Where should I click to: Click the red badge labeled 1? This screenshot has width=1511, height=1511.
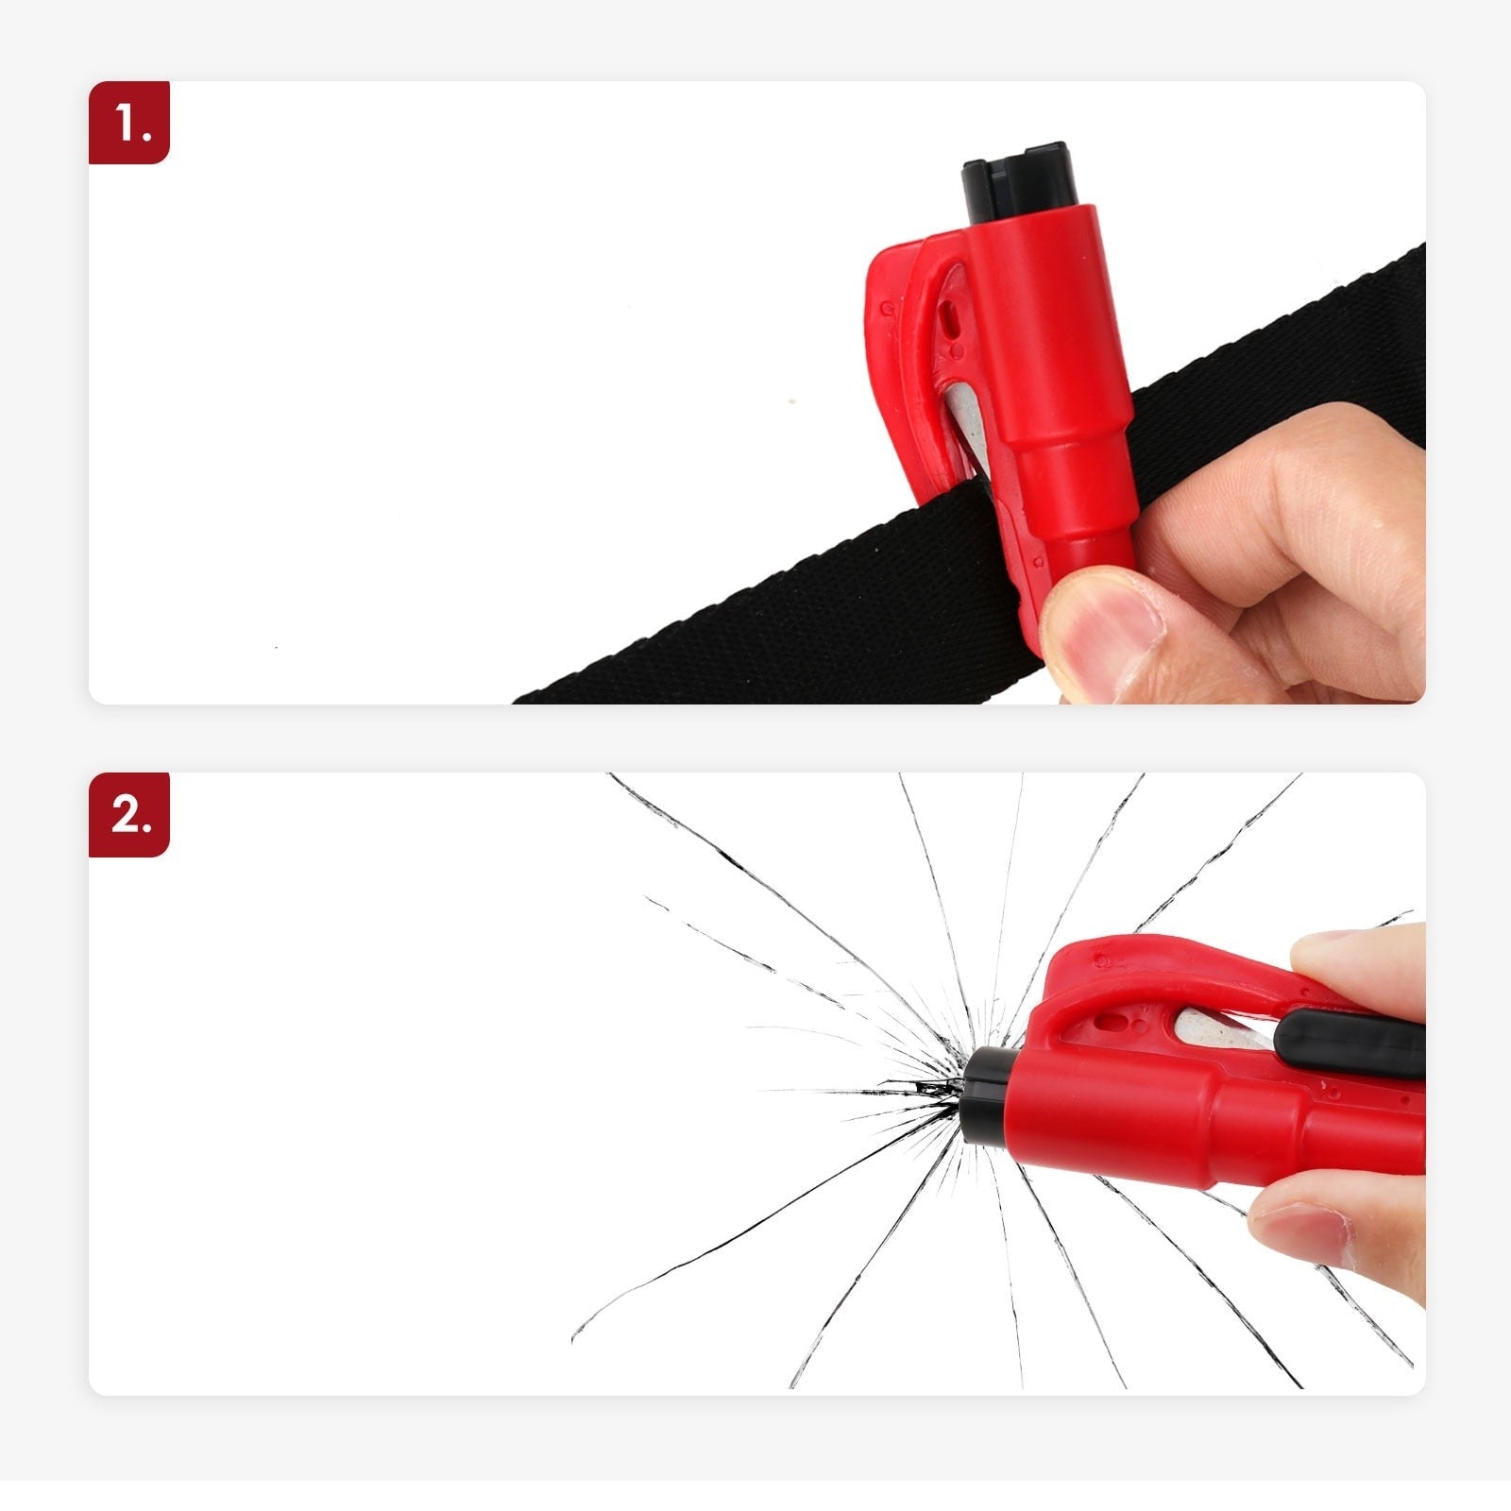129,123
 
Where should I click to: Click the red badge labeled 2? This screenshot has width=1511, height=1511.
129,814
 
